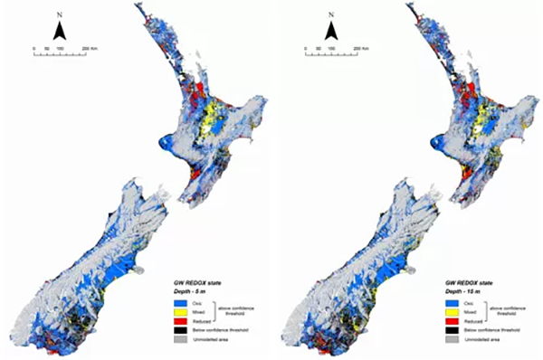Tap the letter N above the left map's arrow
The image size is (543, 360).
pos(59,15)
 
